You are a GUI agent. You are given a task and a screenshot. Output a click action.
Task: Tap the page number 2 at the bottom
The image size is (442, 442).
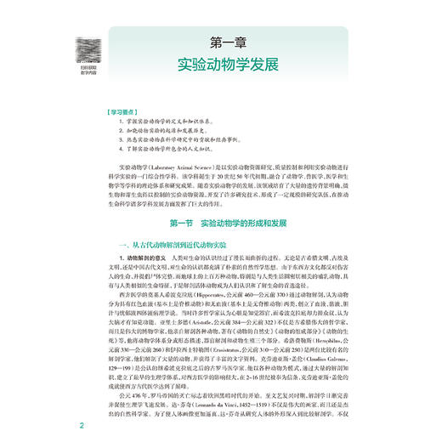tap(82, 425)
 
